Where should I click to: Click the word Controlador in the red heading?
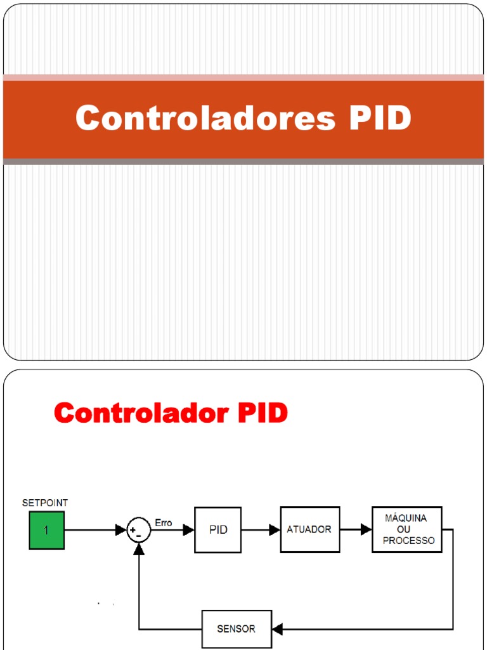click(x=141, y=413)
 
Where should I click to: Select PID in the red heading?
click(x=263, y=413)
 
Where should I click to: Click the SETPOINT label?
click(x=45, y=503)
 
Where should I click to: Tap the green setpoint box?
click(x=46, y=531)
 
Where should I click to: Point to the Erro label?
click(x=164, y=523)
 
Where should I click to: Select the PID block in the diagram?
click(x=218, y=530)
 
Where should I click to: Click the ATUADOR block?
click(x=309, y=529)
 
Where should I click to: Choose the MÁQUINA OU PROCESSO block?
click(x=406, y=529)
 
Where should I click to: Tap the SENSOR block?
click(x=237, y=629)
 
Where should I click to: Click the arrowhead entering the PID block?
click(x=188, y=530)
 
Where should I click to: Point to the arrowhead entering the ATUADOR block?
click(x=275, y=530)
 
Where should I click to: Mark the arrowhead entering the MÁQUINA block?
click(x=366, y=529)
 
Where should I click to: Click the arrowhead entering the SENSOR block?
click(x=277, y=629)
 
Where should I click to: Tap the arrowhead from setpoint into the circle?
click(x=120, y=530)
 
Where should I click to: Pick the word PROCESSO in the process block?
click(x=408, y=541)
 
